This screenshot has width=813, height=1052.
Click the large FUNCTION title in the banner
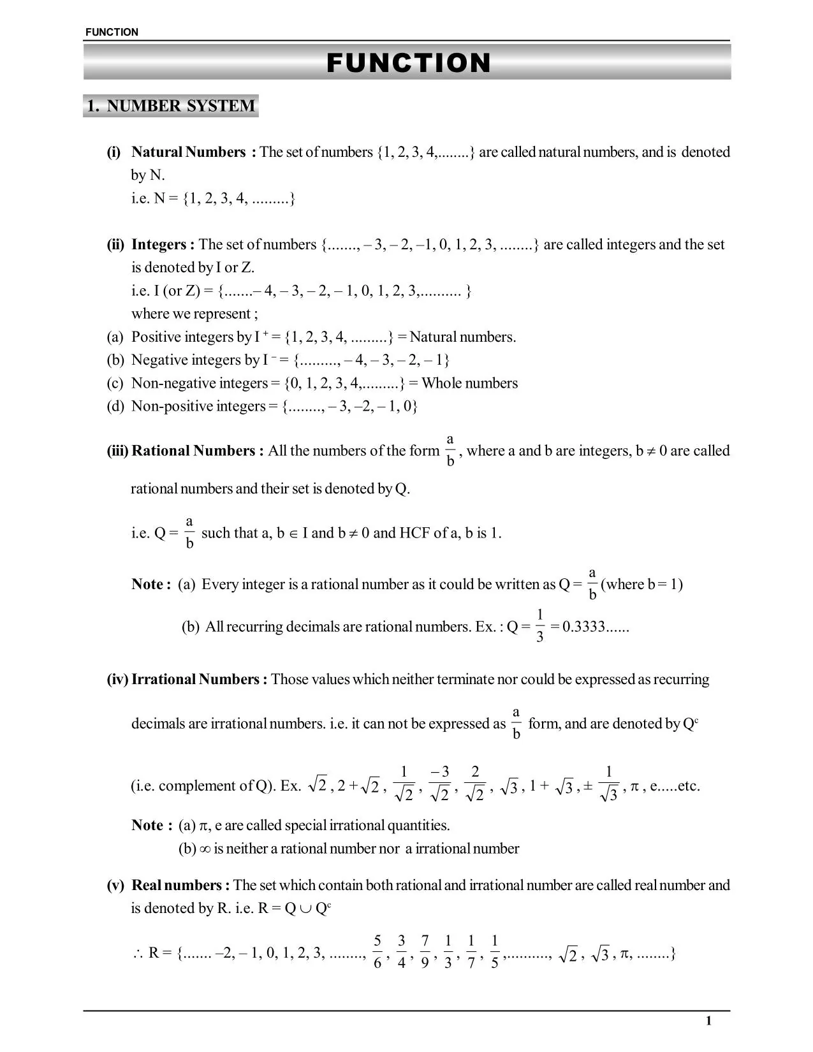(x=408, y=63)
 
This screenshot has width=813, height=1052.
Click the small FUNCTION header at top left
(x=111, y=32)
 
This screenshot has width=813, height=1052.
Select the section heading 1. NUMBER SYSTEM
(x=171, y=106)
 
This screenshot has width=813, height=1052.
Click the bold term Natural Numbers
(x=189, y=152)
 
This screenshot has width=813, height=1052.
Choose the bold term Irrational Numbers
(x=200, y=679)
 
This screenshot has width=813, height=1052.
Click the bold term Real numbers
(x=180, y=885)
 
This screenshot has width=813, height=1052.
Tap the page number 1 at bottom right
(x=708, y=1021)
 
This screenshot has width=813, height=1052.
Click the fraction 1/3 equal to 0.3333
(x=539, y=626)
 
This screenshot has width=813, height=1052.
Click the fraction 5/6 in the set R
(x=377, y=953)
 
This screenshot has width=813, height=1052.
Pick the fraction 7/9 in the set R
(x=425, y=953)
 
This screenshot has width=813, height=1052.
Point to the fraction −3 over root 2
(x=440, y=784)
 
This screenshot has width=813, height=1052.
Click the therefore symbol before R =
(x=137, y=954)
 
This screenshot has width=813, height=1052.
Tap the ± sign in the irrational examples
(x=587, y=786)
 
